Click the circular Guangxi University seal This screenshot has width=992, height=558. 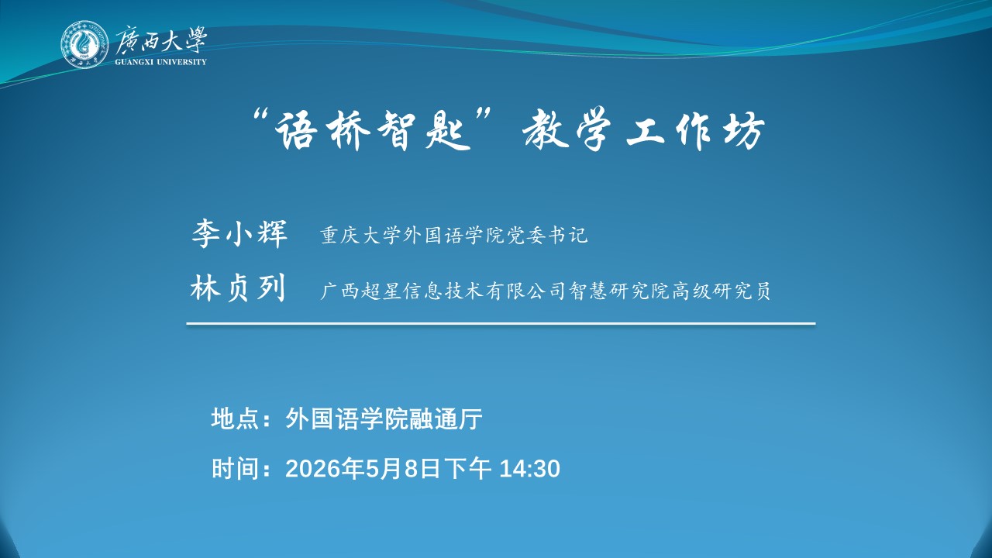84,44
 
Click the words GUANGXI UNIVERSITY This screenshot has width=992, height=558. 160,62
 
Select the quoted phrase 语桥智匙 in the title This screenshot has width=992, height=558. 373,129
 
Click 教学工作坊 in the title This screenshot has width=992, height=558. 644,129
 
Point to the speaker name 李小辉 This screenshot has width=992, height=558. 239,233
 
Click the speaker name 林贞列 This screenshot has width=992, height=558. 238,289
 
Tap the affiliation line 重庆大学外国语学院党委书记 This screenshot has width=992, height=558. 454,235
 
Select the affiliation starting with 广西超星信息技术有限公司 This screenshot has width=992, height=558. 545,291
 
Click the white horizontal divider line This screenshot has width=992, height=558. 501,324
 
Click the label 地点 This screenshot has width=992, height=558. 235,418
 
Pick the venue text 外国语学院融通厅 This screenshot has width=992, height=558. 384,418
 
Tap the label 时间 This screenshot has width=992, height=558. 235,469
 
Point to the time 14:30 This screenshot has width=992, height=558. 529,469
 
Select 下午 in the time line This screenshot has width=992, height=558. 467,469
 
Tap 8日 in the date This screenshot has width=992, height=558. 422,469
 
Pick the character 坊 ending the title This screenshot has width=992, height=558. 745,129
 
